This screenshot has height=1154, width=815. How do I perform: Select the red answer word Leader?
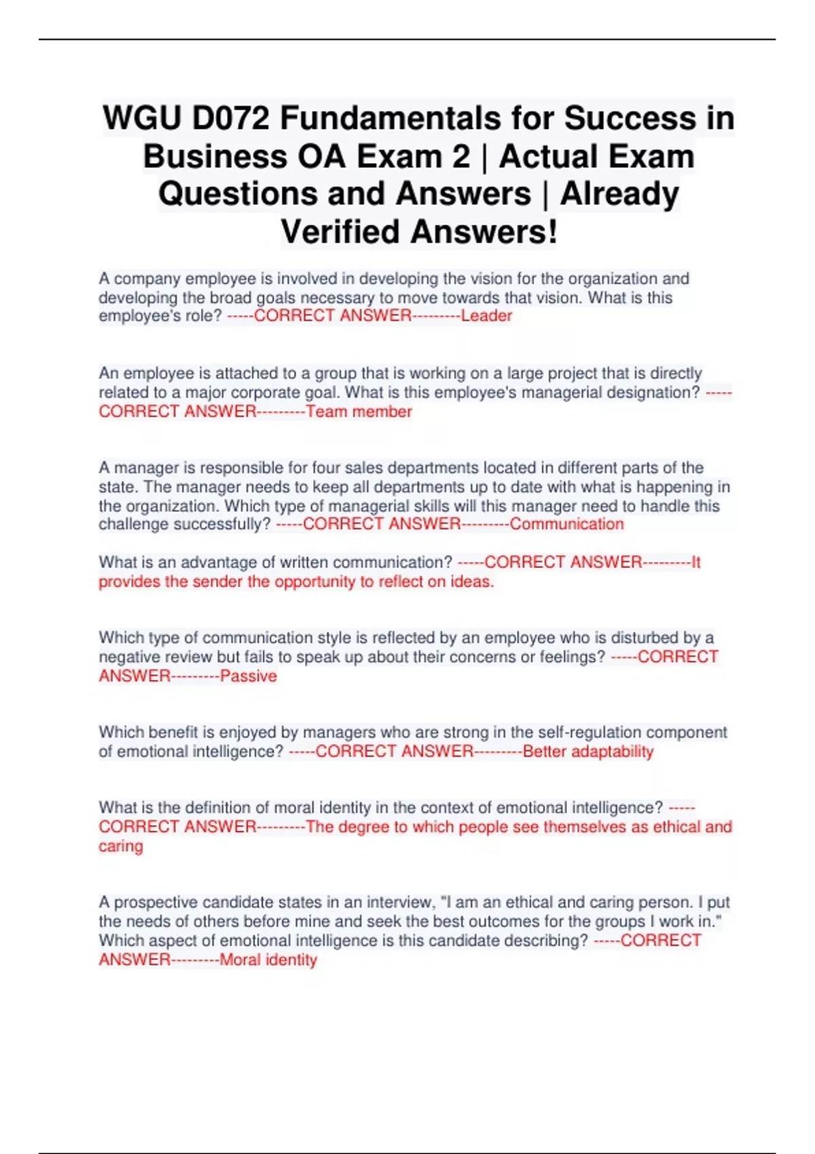(x=486, y=316)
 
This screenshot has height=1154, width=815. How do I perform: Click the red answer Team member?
(x=359, y=411)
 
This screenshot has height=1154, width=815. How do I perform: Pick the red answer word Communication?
(x=566, y=524)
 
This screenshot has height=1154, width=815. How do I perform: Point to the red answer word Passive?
(x=249, y=676)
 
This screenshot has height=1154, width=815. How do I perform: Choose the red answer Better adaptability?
(x=588, y=751)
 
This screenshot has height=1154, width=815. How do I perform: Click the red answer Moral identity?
(x=268, y=960)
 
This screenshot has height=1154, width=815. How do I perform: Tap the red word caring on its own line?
(x=121, y=846)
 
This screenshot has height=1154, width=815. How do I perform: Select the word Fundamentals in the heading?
(x=391, y=119)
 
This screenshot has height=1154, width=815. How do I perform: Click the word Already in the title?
(x=619, y=194)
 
